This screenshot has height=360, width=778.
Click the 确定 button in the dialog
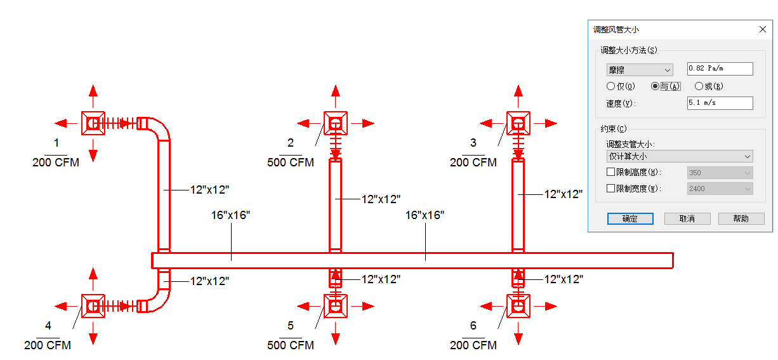630,218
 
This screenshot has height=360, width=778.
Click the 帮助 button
741,218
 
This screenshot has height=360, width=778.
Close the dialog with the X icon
762,30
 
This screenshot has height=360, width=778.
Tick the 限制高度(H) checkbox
610,171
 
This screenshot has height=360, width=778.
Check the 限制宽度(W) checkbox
610,189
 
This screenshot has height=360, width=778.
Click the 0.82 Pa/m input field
720,69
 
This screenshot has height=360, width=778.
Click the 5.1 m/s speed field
720,103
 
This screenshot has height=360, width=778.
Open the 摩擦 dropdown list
640,70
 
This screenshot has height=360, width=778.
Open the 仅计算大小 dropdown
680,156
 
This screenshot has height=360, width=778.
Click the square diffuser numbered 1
93,123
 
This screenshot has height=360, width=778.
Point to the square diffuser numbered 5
336,306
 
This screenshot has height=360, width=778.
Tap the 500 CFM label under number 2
291,163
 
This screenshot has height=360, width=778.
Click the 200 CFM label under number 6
473,345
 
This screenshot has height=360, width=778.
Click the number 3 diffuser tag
473,142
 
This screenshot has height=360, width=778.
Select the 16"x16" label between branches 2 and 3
425,215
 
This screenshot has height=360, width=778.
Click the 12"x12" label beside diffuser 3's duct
564,194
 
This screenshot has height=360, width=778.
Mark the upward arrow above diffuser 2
336,97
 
